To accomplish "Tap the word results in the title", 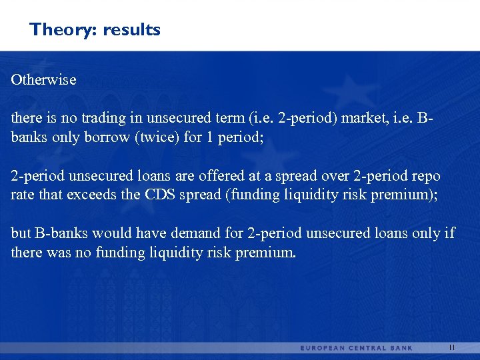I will (x=131, y=30).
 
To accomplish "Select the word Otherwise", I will (x=44, y=80).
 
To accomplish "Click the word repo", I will (x=427, y=177).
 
